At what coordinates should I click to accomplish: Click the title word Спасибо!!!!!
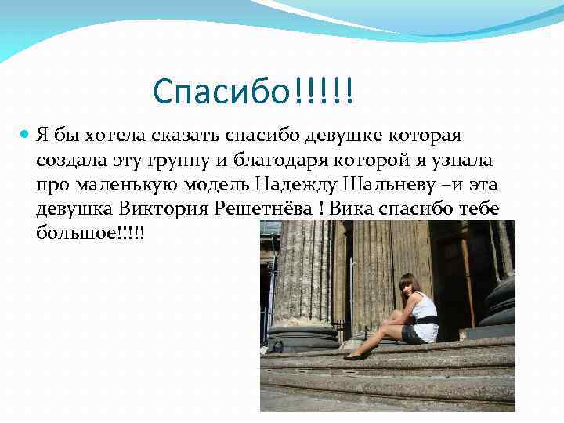click(253, 92)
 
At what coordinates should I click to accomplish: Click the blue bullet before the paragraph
click(24, 136)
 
